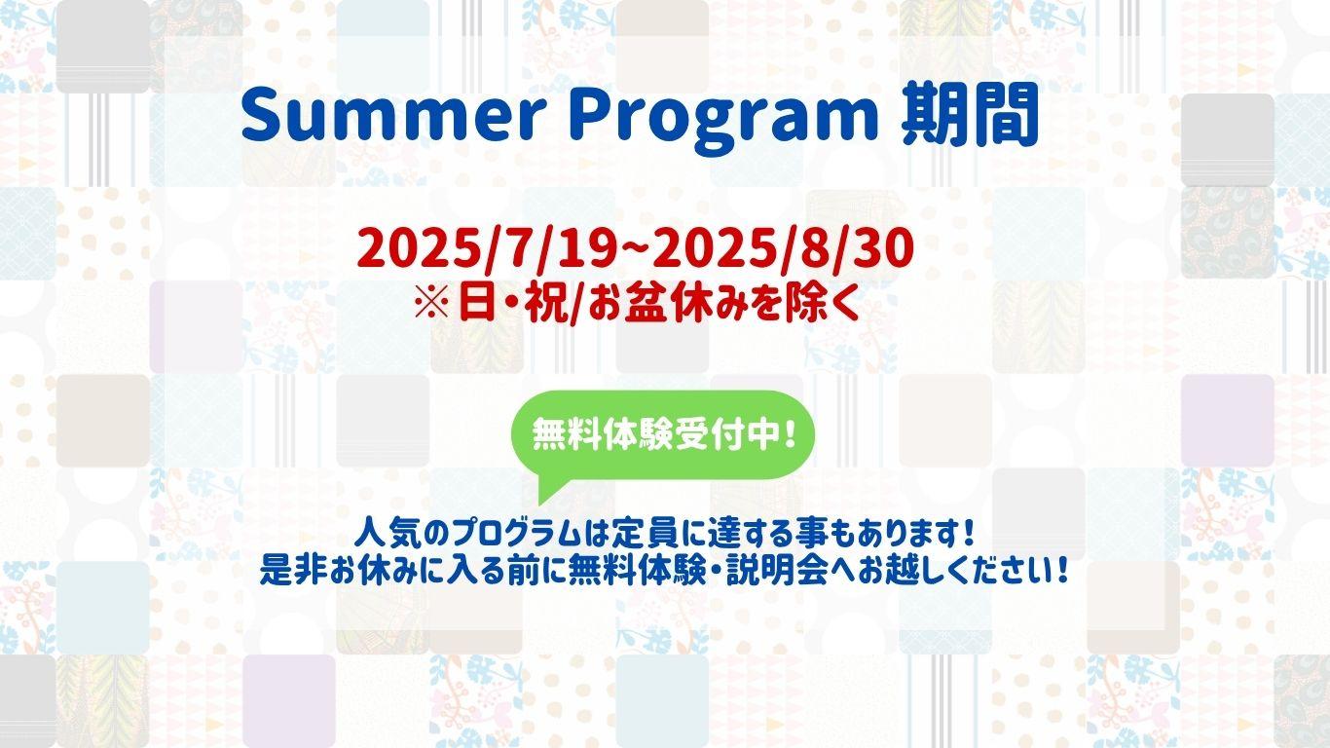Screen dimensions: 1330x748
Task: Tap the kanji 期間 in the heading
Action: (969, 114)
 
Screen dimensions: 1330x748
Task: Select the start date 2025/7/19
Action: (486, 248)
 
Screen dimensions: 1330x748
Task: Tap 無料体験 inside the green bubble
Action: (601, 435)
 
